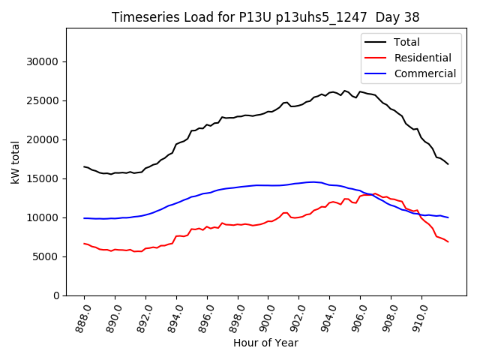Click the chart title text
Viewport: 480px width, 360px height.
pyautogui.click(x=265, y=16)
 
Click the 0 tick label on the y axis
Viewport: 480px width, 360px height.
pyautogui.click(x=57, y=295)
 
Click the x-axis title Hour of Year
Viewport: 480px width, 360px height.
pyautogui.click(x=265, y=343)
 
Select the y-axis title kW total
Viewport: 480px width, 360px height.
pyautogui.click(x=15, y=162)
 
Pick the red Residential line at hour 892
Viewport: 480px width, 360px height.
pyautogui.click(x=145, y=248)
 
